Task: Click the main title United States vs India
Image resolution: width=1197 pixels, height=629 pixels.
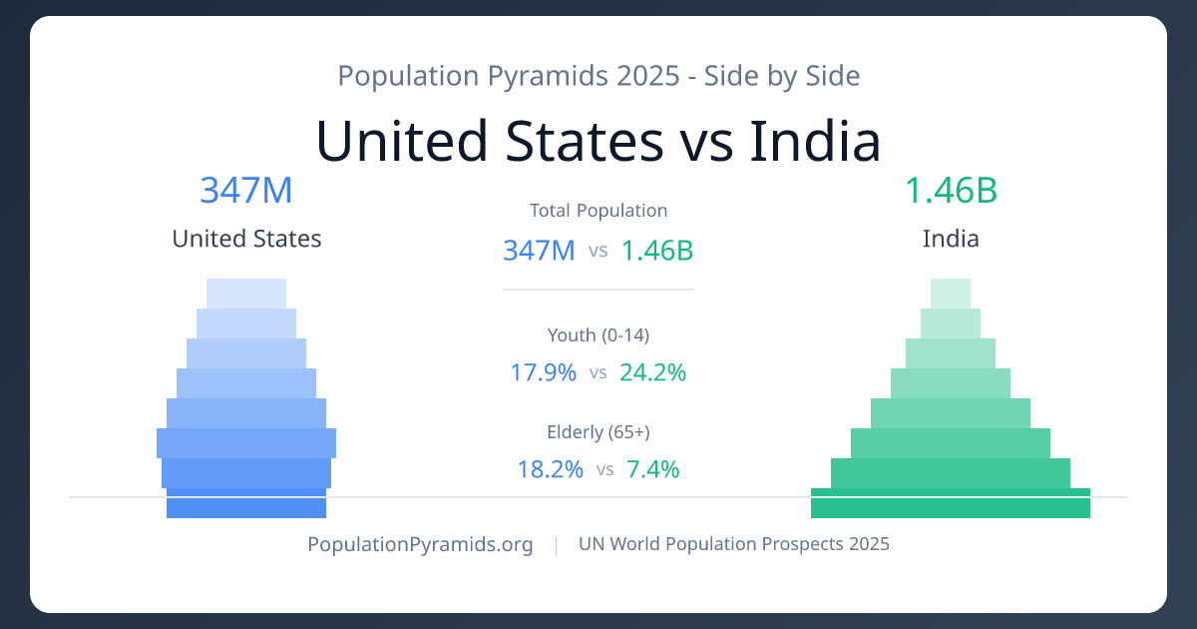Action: (x=598, y=141)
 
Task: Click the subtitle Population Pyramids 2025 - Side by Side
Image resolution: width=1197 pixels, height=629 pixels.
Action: (x=598, y=75)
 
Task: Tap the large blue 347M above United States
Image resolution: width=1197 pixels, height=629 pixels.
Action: (x=246, y=190)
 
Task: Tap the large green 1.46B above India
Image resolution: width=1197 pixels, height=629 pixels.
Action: (x=951, y=190)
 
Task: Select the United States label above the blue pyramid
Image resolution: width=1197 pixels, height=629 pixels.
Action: (x=246, y=239)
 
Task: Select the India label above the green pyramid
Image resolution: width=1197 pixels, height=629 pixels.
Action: (x=951, y=239)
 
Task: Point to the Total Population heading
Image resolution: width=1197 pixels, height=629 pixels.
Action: (x=598, y=211)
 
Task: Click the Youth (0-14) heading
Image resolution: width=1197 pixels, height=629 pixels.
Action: (x=598, y=334)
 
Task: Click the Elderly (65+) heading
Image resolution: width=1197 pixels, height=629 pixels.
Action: (x=598, y=431)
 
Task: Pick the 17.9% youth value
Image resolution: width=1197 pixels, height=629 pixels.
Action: (x=544, y=372)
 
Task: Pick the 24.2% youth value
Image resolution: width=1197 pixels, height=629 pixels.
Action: (x=652, y=372)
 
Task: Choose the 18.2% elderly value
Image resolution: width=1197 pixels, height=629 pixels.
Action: (x=550, y=468)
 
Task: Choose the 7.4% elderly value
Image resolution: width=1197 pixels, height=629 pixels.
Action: (x=652, y=468)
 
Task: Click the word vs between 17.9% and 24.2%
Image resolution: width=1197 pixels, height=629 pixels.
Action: (x=598, y=373)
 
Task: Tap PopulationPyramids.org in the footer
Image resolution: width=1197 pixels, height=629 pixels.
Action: (x=420, y=544)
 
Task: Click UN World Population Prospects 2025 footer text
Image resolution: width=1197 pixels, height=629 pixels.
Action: (x=734, y=544)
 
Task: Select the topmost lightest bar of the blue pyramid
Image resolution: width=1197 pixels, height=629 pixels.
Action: (x=246, y=293)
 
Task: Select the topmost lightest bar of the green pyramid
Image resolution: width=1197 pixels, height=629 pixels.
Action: (x=951, y=293)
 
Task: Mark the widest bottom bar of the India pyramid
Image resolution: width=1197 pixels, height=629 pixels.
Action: (x=951, y=504)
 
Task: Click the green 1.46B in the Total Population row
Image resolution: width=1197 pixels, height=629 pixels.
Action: (x=656, y=250)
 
